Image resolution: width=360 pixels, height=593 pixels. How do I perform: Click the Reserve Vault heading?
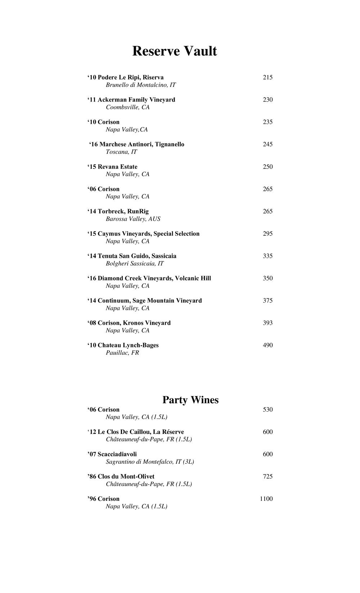point(175,51)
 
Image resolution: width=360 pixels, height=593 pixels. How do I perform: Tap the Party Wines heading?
point(190,400)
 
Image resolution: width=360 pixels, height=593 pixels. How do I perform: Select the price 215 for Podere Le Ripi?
point(267,77)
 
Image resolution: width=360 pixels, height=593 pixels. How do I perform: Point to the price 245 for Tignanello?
point(267,144)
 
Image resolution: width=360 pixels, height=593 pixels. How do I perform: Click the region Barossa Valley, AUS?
point(133,219)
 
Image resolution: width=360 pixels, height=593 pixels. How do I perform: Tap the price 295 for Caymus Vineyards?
point(267,234)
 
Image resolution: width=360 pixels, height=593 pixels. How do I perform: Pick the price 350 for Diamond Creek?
point(267,278)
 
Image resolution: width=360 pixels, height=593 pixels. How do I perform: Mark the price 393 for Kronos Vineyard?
point(267,323)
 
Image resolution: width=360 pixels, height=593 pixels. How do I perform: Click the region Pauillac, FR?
point(122,353)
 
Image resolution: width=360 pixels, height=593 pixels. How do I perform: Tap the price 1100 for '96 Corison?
point(266,499)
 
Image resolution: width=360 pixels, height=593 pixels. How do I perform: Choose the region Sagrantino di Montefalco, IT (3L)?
point(150,462)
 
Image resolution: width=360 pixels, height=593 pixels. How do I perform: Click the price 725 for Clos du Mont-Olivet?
point(267,476)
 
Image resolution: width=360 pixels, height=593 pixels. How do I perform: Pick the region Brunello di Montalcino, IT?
point(141,85)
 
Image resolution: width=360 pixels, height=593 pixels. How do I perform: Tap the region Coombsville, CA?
point(127,107)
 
